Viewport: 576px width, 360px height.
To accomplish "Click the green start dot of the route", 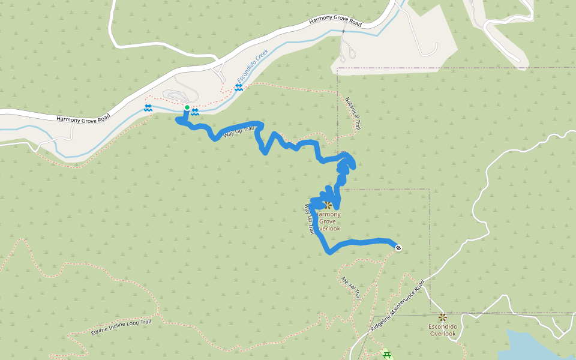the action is pyautogui.click(x=187, y=108).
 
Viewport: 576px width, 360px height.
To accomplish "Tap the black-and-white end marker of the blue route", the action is pyautogui.click(x=398, y=247).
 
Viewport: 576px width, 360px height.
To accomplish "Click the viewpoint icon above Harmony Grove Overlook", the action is pyautogui.click(x=328, y=205).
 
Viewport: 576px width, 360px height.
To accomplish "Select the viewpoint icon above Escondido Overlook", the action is pyautogui.click(x=442, y=317).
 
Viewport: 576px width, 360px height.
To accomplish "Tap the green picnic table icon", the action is pyautogui.click(x=386, y=355).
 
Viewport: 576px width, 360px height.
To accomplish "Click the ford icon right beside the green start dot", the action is pyautogui.click(x=195, y=112).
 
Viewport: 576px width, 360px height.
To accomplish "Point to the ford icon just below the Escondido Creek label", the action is pyautogui.click(x=238, y=88).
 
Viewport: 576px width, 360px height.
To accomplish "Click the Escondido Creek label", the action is pyautogui.click(x=252, y=67).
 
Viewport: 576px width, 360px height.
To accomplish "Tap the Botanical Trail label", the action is pyautogui.click(x=353, y=113).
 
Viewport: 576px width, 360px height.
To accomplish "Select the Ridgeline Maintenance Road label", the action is pyautogui.click(x=397, y=305).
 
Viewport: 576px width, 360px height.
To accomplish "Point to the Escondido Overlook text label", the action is pyautogui.click(x=443, y=330).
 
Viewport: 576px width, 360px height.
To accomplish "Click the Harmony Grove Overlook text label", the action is pyautogui.click(x=328, y=221).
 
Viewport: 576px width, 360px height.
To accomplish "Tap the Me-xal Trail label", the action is pyautogui.click(x=350, y=288).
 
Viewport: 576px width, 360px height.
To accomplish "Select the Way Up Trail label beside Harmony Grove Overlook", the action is pyautogui.click(x=309, y=219).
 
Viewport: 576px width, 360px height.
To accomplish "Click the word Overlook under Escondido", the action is pyautogui.click(x=443, y=334).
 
